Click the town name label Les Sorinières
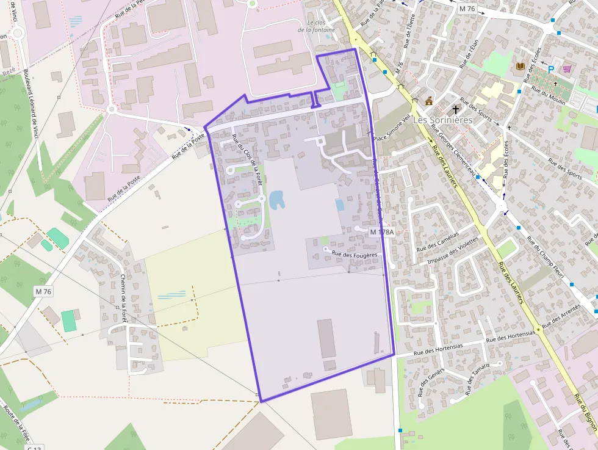443,120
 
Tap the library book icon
520,66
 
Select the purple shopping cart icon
567,69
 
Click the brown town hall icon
429,101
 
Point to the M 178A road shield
383,233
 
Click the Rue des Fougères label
355,254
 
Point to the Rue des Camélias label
437,242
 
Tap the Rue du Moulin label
549,96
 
